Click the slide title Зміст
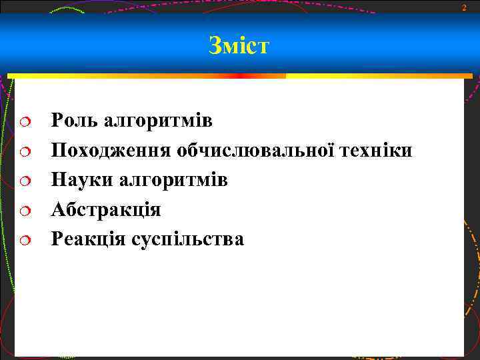point(239,45)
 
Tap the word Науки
point(79,180)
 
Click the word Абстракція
point(106,209)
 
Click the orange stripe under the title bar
point(147,76)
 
